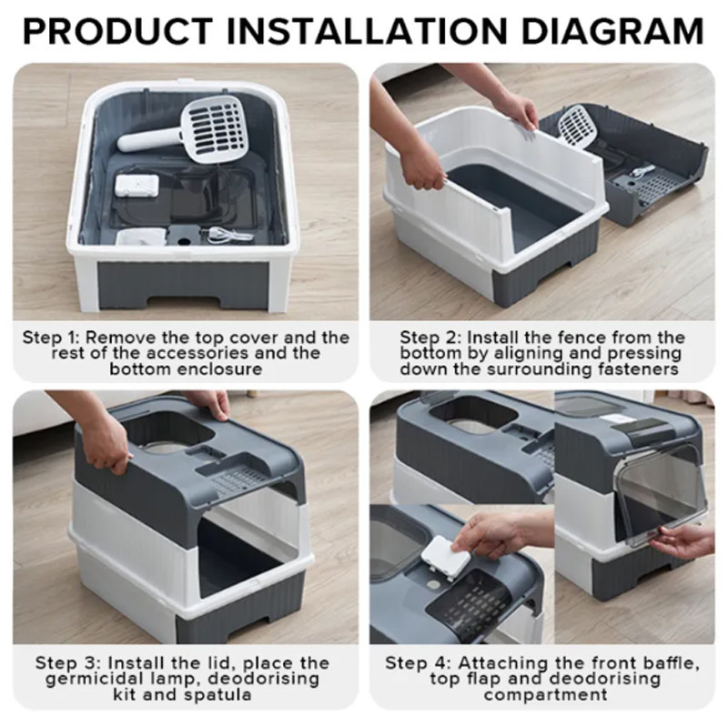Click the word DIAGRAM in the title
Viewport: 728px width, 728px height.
point(612,31)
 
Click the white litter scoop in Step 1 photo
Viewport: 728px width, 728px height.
point(186,130)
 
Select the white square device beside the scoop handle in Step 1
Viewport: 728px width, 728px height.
point(137,187)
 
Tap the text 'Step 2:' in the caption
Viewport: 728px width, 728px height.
point(430,338)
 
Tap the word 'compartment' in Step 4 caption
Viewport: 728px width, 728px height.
point(545,695)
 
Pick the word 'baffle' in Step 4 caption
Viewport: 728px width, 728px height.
point(668,662)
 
